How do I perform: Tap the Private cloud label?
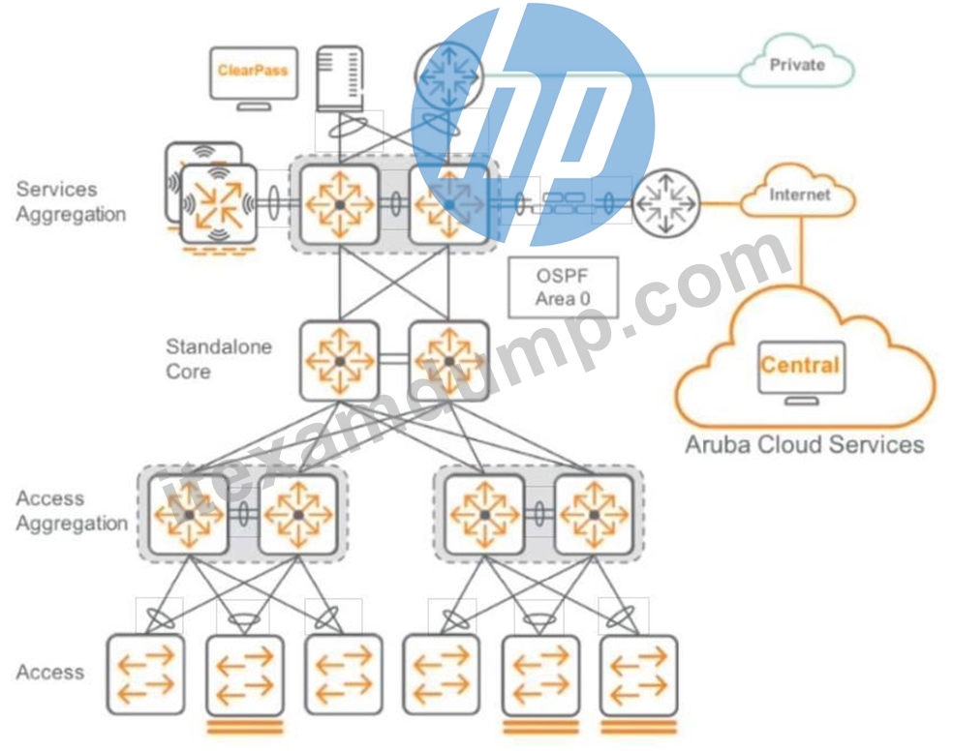tap(797, 64)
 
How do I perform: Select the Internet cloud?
tap(799, 192)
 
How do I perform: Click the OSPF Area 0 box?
tap(563, 287)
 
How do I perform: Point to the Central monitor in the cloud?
tap(801, 372)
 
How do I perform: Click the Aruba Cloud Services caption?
tap(804, 444)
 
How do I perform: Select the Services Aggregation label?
tap(71, 201)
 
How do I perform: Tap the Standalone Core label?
tap(219, 359)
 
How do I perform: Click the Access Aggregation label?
tap(72, 511)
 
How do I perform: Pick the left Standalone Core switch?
tap(340, 361)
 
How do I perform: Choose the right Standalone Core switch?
tap(449, 361)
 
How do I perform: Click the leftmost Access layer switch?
tap(145, 675)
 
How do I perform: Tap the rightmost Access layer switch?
tap(638, 676)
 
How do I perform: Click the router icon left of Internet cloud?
tap(666, 203)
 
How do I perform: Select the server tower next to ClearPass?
tap(340, 79)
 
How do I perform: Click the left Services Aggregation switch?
tap(340, 204)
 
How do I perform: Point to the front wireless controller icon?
tap(219, 204)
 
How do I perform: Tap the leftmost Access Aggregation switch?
tap(189, 514)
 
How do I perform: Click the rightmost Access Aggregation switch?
tap(594, 514)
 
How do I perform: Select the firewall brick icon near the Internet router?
tap(564, 203)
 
